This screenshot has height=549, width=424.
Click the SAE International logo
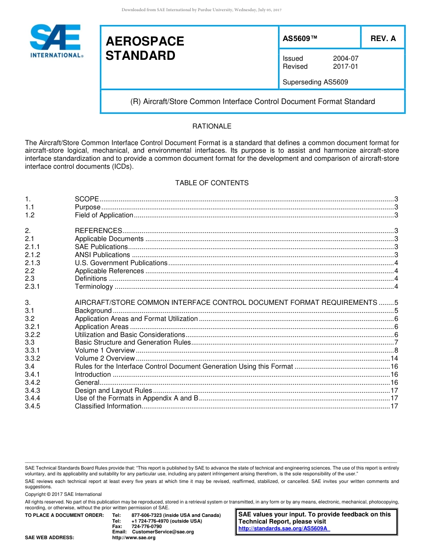(x=55, y=41)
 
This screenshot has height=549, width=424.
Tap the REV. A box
(x=382, y=38)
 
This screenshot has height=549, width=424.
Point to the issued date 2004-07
(x=345, y=58)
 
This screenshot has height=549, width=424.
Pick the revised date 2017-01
(x=345, y=67)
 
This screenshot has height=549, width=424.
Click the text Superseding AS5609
(x=315, y=82)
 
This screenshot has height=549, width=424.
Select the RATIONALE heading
(x=212, y=126)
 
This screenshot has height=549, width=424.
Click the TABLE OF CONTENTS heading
(x=212, y=183)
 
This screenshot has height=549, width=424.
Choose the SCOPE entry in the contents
(x=87, y=199)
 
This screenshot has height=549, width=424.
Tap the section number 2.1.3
(x=33, y=263)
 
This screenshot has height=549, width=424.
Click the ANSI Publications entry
(x=102, y=255)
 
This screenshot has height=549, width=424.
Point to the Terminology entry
(x=94, y=287)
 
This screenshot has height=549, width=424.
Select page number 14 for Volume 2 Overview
(x=394, y=358)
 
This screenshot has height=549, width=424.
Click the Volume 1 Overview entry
(x=104, y=350)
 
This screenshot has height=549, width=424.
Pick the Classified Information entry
(x=108, y=406)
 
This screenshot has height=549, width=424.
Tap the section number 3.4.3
(x=33, y=391)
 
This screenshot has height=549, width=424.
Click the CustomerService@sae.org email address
(x=163, y=532)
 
